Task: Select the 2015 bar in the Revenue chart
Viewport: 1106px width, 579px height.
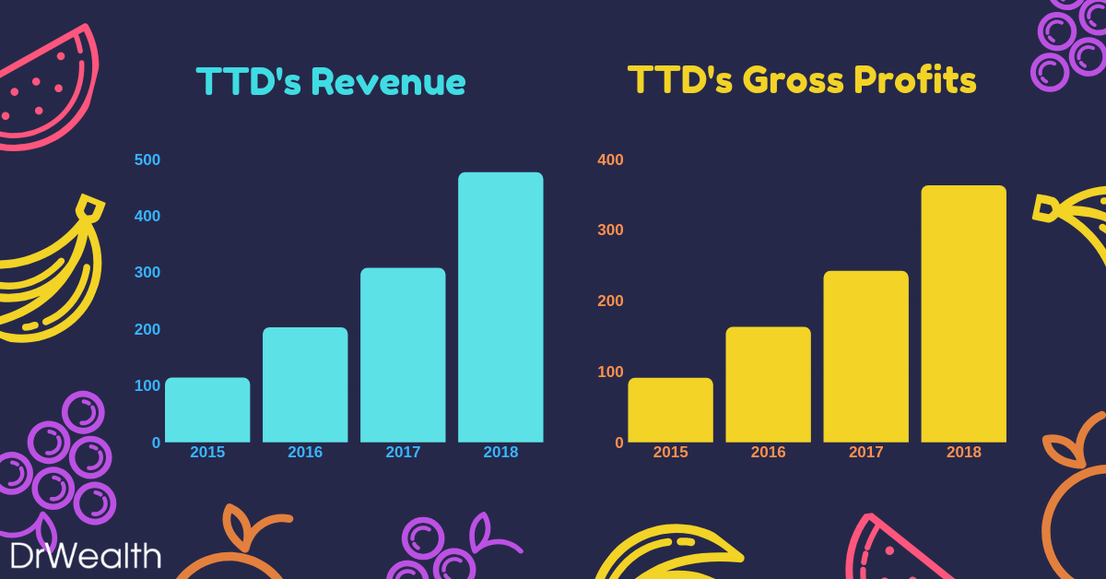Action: point(207,409)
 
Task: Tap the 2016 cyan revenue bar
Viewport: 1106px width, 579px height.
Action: point(305,384)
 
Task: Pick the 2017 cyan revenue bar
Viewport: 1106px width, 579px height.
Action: point(403,355)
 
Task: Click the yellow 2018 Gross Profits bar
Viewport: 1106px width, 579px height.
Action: point(963,313)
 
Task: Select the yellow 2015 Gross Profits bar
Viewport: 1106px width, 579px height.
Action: point(670,409)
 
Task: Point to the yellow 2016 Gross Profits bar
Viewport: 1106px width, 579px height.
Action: point(768,384)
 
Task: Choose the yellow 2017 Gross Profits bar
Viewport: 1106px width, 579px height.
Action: point(865,356)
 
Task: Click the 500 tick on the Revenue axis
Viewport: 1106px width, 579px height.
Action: point(147,160)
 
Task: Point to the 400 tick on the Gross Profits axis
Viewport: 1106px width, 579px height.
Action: point(610,160)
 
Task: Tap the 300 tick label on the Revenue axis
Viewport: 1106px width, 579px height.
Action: point(147,273)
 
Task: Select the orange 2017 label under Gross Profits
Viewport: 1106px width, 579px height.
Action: point(865,453)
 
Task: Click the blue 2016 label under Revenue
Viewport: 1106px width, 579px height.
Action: point(305,453)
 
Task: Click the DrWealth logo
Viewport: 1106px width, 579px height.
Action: point(85,555)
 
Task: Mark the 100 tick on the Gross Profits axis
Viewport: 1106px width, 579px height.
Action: point(610,372)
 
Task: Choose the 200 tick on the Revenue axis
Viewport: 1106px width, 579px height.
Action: point(147,329)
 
